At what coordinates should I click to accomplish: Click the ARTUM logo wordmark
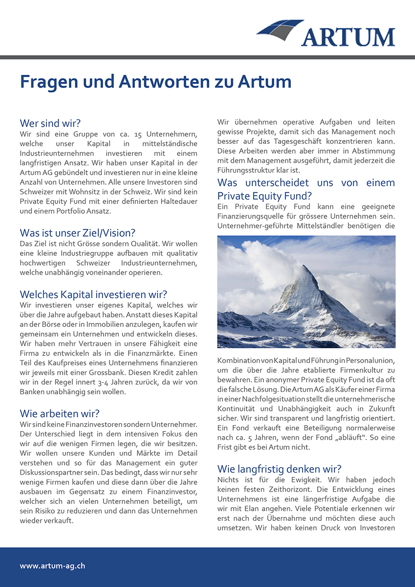(x=348, y=37)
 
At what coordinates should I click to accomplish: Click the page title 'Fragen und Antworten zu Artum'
(x=155, y=82)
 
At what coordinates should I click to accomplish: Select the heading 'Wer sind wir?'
(x=50, y=123)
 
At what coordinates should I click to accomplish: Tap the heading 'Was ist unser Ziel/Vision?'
(x=77, y=233)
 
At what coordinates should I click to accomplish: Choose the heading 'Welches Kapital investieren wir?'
(x=93, y=294)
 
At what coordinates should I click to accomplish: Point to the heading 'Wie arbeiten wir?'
(x=60, y=414)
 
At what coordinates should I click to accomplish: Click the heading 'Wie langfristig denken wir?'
(x=279, y=469)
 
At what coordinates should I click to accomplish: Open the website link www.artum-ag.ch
(x=52, y=566)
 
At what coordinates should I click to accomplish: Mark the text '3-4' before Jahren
(x=105, y=382)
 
